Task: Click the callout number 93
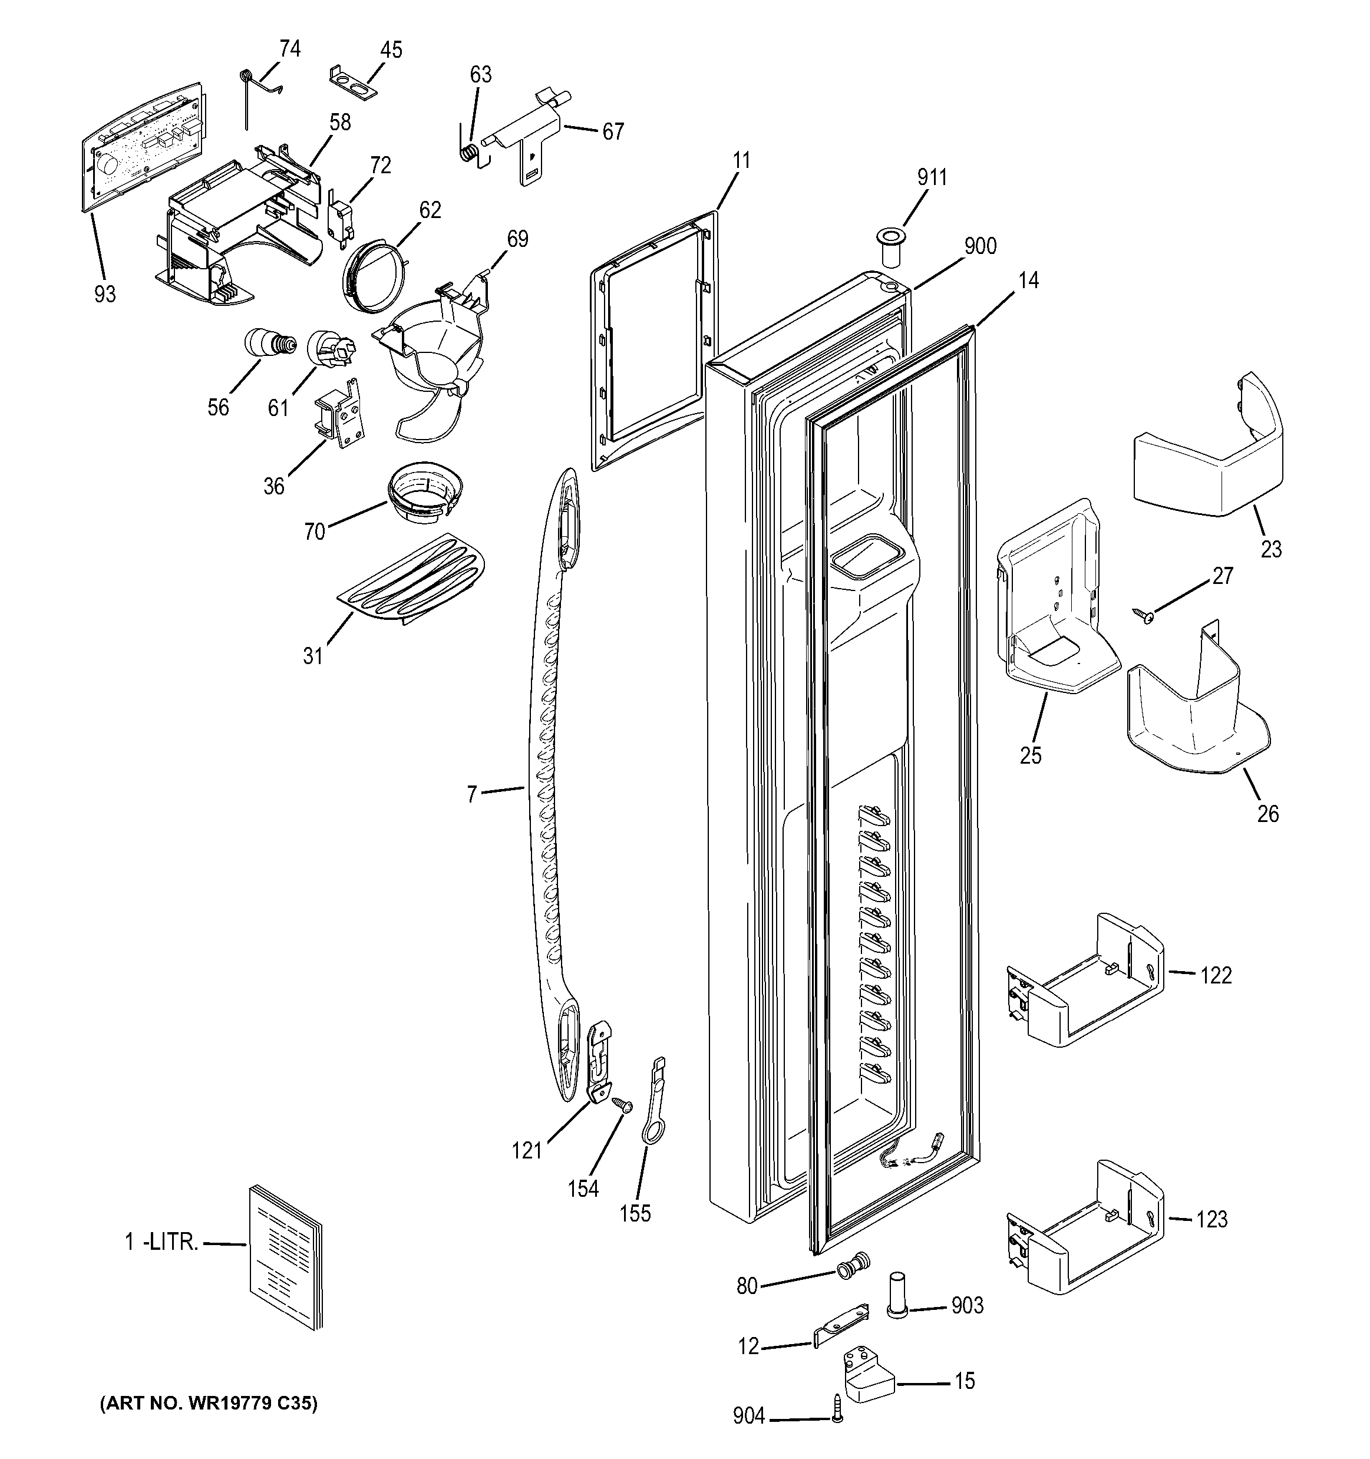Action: (x=105, y=294)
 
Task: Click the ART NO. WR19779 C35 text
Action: (x=209, y=1403)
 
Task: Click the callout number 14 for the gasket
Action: (x=1028, y=280)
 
